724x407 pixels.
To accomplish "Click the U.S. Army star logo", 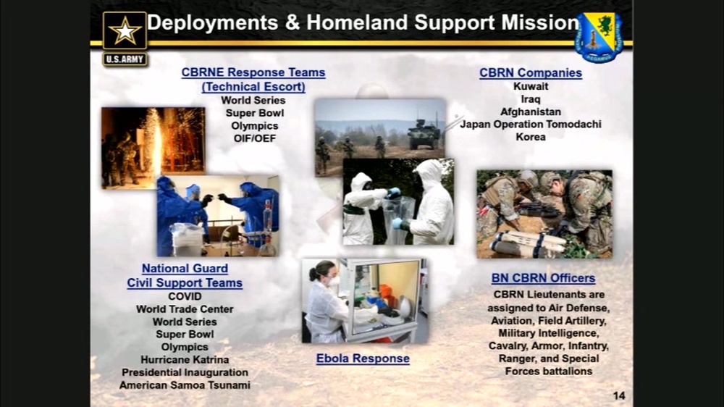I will coord(125,32).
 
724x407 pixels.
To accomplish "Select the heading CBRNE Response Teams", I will coord(253,72).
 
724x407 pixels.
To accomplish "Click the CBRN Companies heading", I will coord(531,72).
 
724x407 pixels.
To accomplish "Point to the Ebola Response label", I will coord(363,358).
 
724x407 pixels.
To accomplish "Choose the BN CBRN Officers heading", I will coord(543,278).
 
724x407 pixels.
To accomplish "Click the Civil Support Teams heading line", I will coord(185,283).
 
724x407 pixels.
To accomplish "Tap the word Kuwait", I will coord(531,86).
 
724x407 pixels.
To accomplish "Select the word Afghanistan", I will coord(531,112).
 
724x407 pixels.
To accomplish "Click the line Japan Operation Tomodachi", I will coord(531,125).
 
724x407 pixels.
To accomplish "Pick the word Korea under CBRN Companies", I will coord(531,137).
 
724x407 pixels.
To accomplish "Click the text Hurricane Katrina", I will coord(185,360).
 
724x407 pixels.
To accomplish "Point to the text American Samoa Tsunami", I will coord(185,385).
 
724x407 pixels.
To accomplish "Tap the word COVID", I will coord(185,296).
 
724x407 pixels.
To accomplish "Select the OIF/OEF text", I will coord(254,138).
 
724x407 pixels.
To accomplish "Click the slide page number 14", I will coord(618,395).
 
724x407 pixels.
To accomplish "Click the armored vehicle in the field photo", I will coord(423,135).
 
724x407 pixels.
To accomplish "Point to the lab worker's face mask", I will coord(334,280).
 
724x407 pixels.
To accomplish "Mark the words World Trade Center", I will coord(185,309).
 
